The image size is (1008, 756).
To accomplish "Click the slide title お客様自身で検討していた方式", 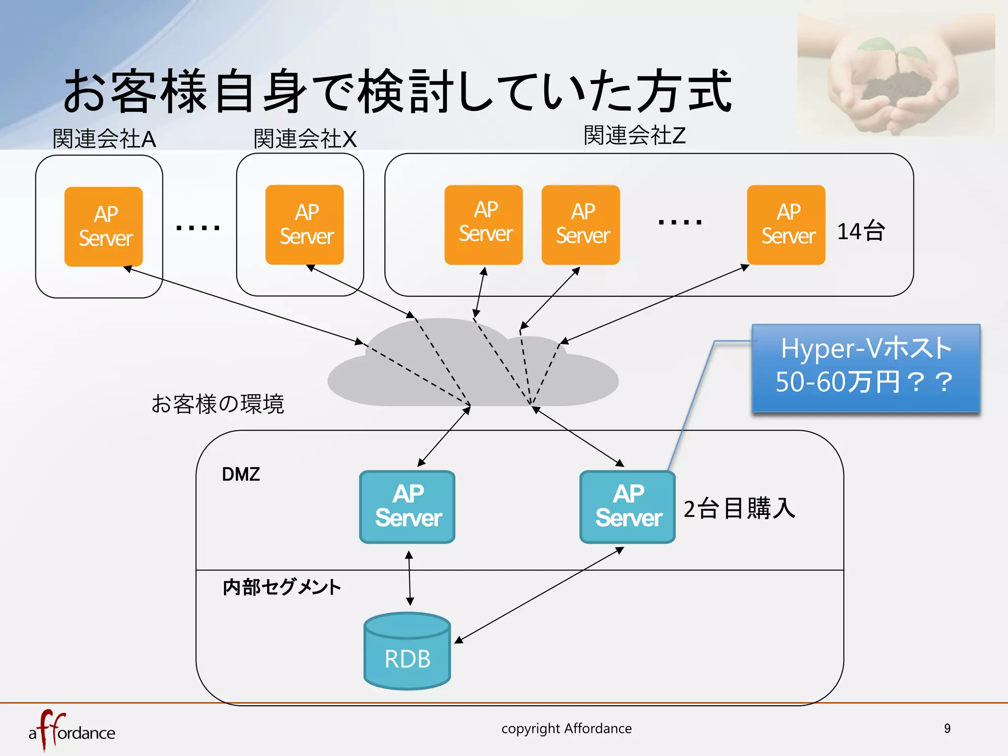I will pyautogui.click(x=398, y=91).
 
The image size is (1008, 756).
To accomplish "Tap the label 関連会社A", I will pyautogui.click(x=104, y=139).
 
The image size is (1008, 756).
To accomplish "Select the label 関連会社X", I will pyautogui.click(x=305, y=139).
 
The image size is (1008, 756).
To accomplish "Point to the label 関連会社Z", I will pyautogui.click(x=634, y=135).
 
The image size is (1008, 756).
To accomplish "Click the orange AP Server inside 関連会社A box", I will pyautogui.click(x=104, y=226).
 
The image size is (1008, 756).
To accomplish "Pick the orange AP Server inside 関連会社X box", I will pyautogui.click(x=305, y=225).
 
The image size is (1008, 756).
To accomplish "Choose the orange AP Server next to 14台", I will pyautogui.click(x=786, y=225).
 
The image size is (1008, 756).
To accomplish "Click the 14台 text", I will pyautogui.click(x=861, y=231).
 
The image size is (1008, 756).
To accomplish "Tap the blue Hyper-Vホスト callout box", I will pyautogui.click(x=866, y=367).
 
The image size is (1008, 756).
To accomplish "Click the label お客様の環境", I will pyautogui.click(x=218, y=404).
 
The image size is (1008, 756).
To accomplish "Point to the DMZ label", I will pyautogui.click(x=241, y=474).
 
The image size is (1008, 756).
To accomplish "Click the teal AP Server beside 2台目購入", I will pyautogui.click(x=628, y=507).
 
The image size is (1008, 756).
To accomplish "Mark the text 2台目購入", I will pyautogui.click(x=739, y=508).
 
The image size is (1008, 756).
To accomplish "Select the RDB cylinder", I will pyautogui.click(x=407, y=651).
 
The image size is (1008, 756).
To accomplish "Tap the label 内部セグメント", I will pyautogui.click(x=282, y=587).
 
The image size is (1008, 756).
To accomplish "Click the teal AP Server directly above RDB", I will pyautogui.click(x=407, y=507).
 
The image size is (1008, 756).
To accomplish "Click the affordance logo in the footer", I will pyautogui.click(x=72, y=731).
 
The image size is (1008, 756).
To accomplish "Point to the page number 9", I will pyautogui.click(x=947, y=728).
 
